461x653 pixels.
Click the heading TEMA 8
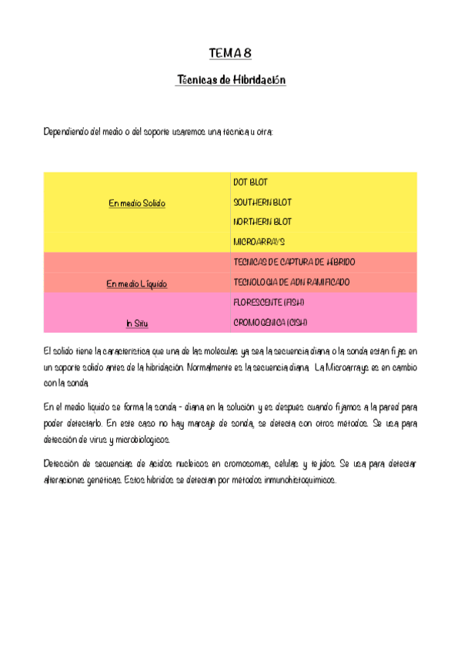230,53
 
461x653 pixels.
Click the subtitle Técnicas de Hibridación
231,80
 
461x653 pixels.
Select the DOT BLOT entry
250,183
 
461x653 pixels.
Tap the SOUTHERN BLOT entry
262,203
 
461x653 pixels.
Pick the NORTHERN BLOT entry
262,222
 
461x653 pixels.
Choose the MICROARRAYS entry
259,242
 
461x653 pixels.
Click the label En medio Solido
137,203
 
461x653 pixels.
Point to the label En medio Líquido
136,284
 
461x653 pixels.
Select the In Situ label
136,324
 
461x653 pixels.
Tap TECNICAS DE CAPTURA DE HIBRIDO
293,263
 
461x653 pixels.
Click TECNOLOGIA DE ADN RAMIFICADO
291,283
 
